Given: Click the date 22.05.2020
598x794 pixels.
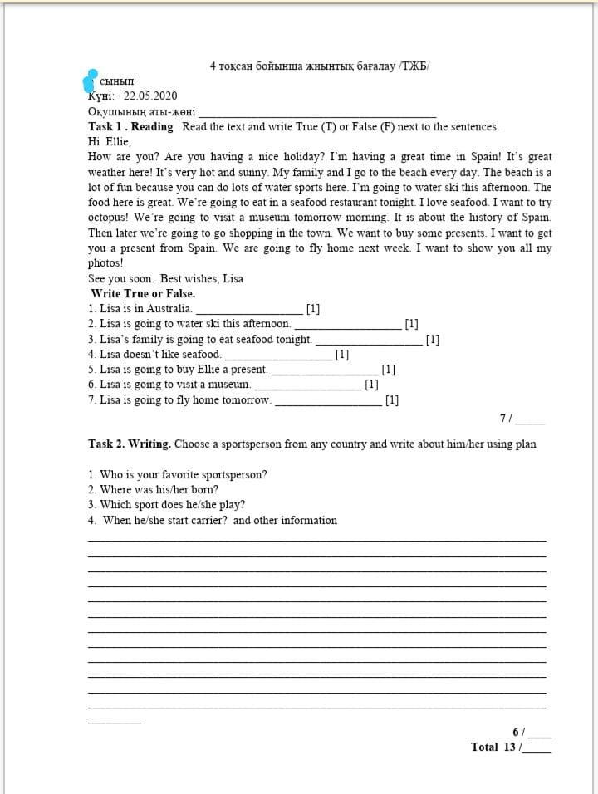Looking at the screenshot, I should [x=150, y=96].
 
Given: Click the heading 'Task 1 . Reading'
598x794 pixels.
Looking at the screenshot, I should [x=130, y=127].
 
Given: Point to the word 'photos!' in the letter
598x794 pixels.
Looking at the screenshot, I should [x=105, y=263].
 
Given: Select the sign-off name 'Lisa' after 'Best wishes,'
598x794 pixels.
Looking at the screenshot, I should [x=233, y=278].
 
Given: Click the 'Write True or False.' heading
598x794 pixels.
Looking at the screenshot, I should [x=143, y=294].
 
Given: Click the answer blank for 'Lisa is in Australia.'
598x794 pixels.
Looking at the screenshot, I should [x=248, y=309].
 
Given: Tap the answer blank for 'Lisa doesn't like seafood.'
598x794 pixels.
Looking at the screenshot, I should [x=277, y=355].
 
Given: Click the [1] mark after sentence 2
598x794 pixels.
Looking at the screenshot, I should [x=411, y=324].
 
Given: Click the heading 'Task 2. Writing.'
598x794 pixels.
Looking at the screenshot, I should [x=130, y=444].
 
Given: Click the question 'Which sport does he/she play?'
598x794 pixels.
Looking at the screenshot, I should [x=167, y=505].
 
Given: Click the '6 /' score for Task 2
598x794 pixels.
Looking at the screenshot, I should [x=518, y=732].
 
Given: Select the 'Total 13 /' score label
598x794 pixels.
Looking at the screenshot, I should [x=497, y=747].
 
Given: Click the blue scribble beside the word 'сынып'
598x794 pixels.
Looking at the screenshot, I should [x=91, y=81].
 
